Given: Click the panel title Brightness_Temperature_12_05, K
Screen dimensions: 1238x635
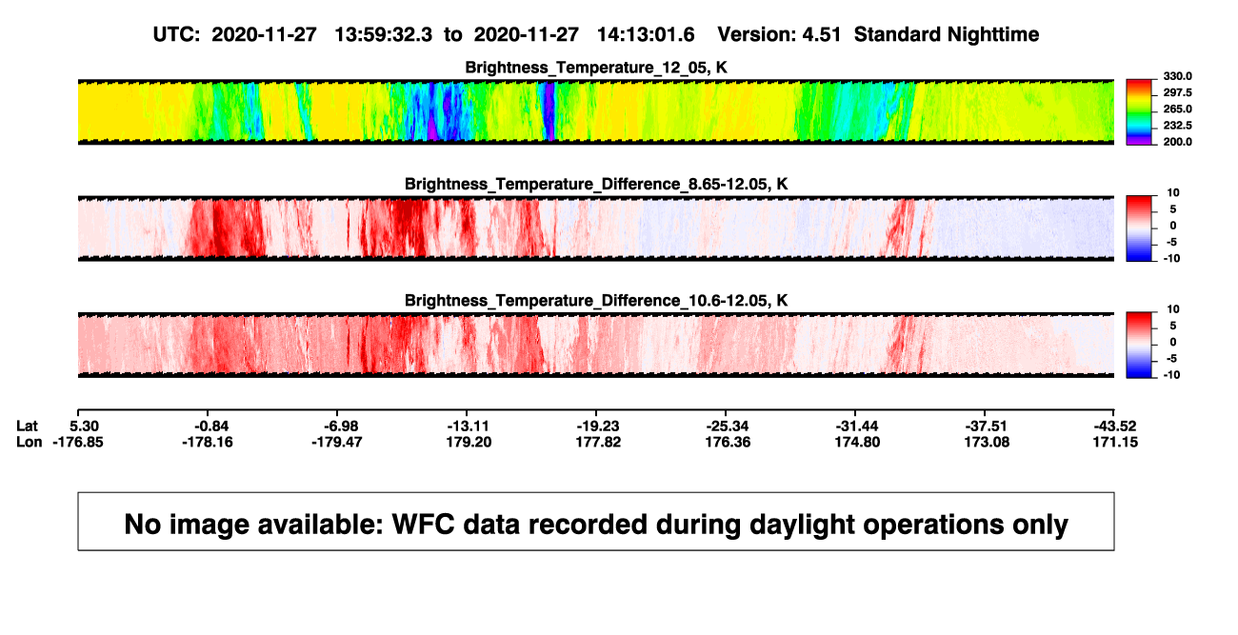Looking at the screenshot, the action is pos(596,68).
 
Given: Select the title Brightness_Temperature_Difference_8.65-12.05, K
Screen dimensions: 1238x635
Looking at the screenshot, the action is pos(596,184).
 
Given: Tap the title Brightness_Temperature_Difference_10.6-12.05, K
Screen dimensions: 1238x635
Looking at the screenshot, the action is pos(596,301).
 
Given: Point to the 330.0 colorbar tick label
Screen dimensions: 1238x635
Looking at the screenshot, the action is pos(1177,76).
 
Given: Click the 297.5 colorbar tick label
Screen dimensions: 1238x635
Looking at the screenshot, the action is pos(1177,92).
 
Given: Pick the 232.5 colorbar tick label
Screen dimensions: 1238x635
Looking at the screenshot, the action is pos(1177,126).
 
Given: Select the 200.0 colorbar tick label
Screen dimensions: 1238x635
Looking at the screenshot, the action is pos(1177,142).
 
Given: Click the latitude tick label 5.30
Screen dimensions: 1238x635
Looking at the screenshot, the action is pos(84,427).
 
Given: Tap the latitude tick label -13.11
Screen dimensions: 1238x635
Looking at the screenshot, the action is pos(468,427).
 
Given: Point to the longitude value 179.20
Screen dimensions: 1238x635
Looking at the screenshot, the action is pos(469,442).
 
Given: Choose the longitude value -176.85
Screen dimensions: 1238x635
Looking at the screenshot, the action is pos(78,442).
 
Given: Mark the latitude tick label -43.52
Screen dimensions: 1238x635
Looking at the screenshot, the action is pos(1115,427).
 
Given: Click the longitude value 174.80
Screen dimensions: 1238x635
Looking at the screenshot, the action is pos(857,442).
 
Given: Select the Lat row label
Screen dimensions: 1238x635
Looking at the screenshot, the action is pos(27,427).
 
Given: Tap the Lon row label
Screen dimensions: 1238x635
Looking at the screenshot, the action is pos(29,442).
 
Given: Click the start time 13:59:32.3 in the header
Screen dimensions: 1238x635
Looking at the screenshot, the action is pos(384,35).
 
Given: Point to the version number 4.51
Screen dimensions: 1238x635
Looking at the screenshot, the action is pos(821,35).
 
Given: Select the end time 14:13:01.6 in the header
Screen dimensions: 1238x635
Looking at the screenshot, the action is pos(646,35).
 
